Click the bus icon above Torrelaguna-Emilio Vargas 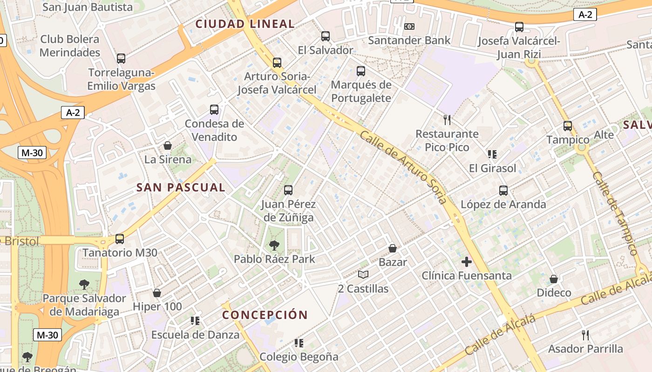(121, 59)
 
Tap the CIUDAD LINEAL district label (244, 24)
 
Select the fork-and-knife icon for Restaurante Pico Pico (447, 120)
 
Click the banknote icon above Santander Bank (409, 27)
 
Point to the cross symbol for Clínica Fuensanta (466, 262)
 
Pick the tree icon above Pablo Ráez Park (274, 245)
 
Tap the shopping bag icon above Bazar (393, 248)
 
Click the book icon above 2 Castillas (363, 275)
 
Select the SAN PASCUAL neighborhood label (181, 187)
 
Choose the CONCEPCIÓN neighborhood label (265, 315)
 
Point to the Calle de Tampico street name (615, 214)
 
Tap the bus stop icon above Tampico (567, 126)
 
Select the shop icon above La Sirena (168, 146)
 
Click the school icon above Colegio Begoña (299, 343)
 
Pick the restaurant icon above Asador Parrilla (585, 335)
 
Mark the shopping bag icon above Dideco (554, 279)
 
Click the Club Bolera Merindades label (70, 46)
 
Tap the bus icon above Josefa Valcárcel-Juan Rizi (519, 27)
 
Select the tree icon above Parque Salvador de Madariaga (84, 284)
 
